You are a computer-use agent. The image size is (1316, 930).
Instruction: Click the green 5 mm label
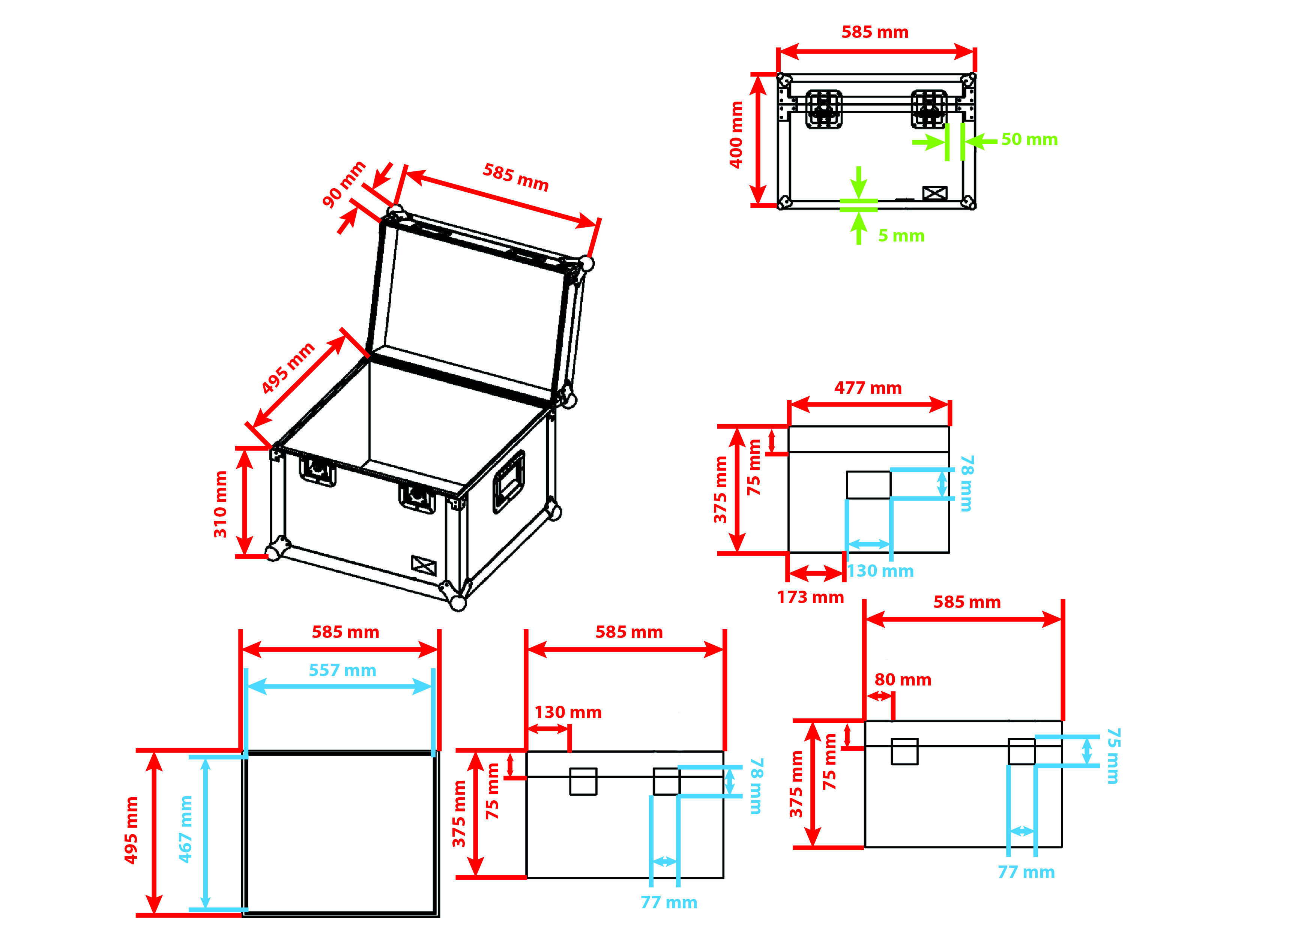coord(901,235)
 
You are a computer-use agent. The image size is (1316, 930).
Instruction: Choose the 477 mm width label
coord(868,388)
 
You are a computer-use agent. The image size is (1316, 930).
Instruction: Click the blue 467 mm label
coord(185,829)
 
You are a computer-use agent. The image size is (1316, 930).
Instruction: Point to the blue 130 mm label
coord(880,571)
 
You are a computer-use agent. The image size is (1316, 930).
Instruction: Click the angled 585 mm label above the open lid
coord(515,177)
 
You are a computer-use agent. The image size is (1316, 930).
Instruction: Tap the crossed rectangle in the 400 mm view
coord(934,193)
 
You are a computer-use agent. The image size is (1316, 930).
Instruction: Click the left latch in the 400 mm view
coord(824,109)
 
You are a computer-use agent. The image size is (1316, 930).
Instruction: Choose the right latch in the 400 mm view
coord(928,109)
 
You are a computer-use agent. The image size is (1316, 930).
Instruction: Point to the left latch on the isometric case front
coord(317,471)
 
